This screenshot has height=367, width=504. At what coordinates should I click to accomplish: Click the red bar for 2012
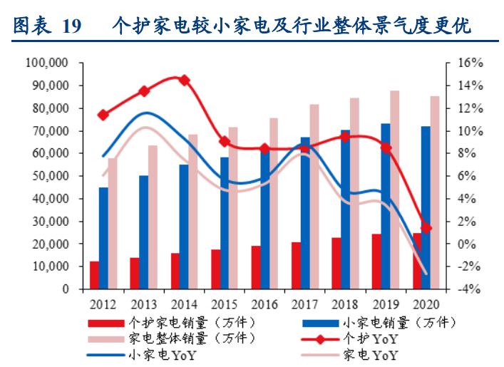click(x=94, y=275)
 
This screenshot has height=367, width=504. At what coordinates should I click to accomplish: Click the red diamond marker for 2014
click(x=184, y=81)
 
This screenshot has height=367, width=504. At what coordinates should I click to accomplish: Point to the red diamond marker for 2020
click(x=426, y=228)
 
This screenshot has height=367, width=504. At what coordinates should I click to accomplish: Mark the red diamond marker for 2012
click(x=103, y=115)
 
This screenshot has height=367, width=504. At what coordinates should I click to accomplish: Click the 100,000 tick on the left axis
click(x=47, y=63)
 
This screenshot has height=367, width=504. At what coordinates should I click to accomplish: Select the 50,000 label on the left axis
click(x=50, y=176)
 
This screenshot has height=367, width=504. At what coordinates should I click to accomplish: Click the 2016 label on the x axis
click(x=264, y=302)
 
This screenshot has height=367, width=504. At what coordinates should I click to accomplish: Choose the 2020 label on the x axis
click(x=426, y=302)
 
